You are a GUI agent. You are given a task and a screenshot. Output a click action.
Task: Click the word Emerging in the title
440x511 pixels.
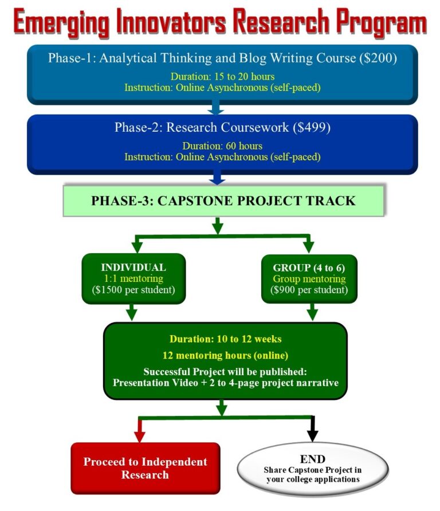click(61, 22)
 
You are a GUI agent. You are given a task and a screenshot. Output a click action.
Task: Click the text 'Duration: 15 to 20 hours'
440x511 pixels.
click(222, 76)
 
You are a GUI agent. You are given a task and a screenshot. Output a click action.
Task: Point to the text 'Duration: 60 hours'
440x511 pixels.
click(222, 146)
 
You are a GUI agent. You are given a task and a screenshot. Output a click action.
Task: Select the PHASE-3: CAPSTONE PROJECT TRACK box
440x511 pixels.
click(223, 201)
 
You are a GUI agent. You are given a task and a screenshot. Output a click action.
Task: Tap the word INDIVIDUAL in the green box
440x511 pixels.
click(133, 267)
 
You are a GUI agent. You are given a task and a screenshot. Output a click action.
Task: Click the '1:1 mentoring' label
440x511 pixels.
click(133, 278)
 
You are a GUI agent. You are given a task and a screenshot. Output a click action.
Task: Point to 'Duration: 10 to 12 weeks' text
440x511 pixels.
click(225, 339)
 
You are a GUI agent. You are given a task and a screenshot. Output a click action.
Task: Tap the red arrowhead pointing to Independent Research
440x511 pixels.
click(138, 436)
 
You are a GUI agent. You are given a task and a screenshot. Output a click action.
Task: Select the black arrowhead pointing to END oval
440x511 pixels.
click(312, 436)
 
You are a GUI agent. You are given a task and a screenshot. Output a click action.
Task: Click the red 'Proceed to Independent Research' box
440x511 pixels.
click(146, 468)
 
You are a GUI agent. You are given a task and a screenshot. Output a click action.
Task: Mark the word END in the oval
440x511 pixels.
click(312, 459)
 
